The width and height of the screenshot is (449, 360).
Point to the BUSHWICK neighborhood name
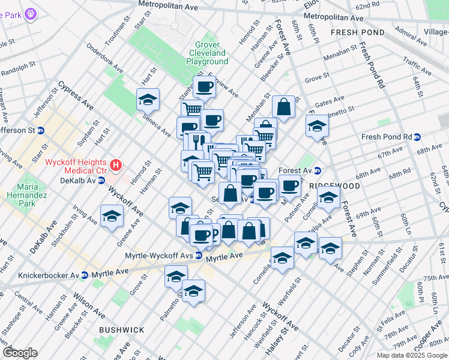pos(121,330)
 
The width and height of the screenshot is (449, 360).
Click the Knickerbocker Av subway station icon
pos(85,275)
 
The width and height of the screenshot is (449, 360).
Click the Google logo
pos(20,353)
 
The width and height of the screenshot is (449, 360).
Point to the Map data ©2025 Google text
pos(411,355)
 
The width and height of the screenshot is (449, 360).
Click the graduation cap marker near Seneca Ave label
pos(148,100)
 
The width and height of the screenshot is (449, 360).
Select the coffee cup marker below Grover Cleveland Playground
pos(204,87)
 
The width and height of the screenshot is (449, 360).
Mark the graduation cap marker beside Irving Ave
pos(112,217)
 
